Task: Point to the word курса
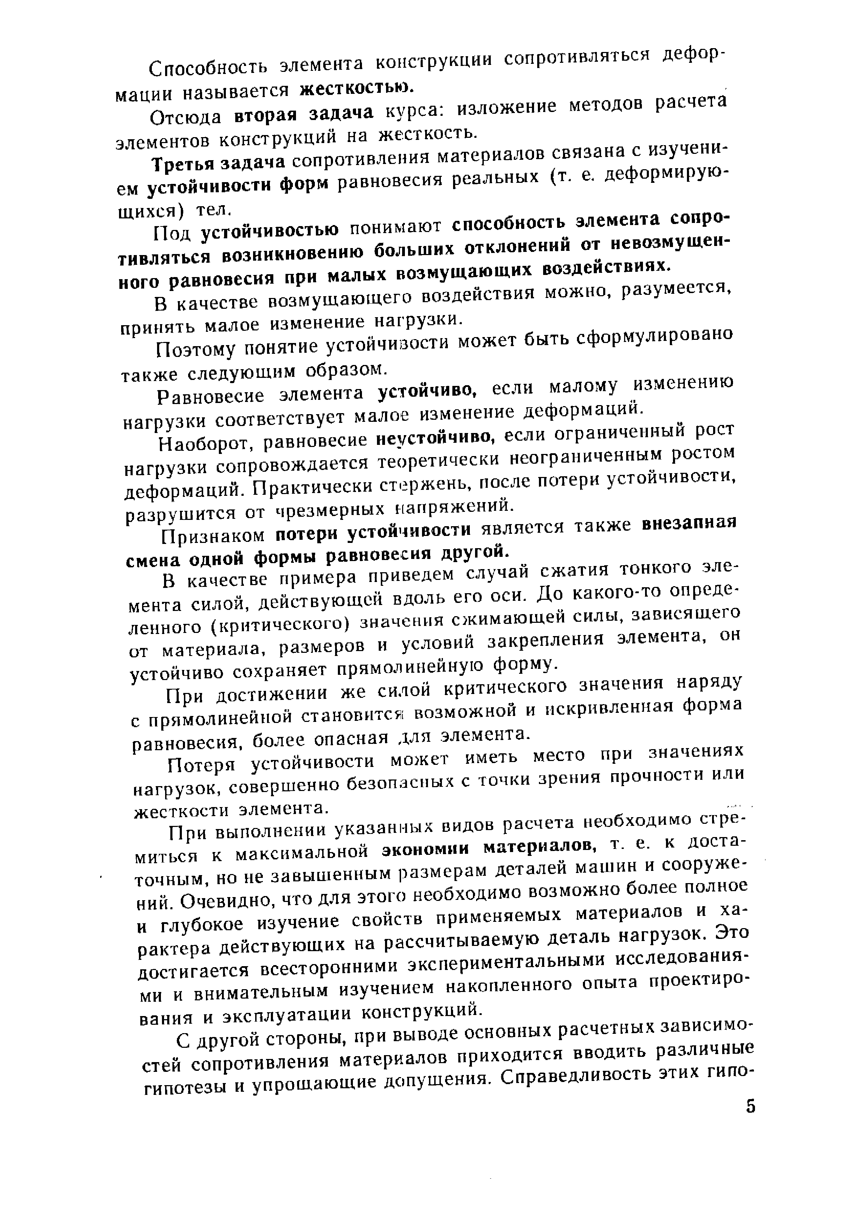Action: [410, 111]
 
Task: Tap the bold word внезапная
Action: [688, 523]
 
